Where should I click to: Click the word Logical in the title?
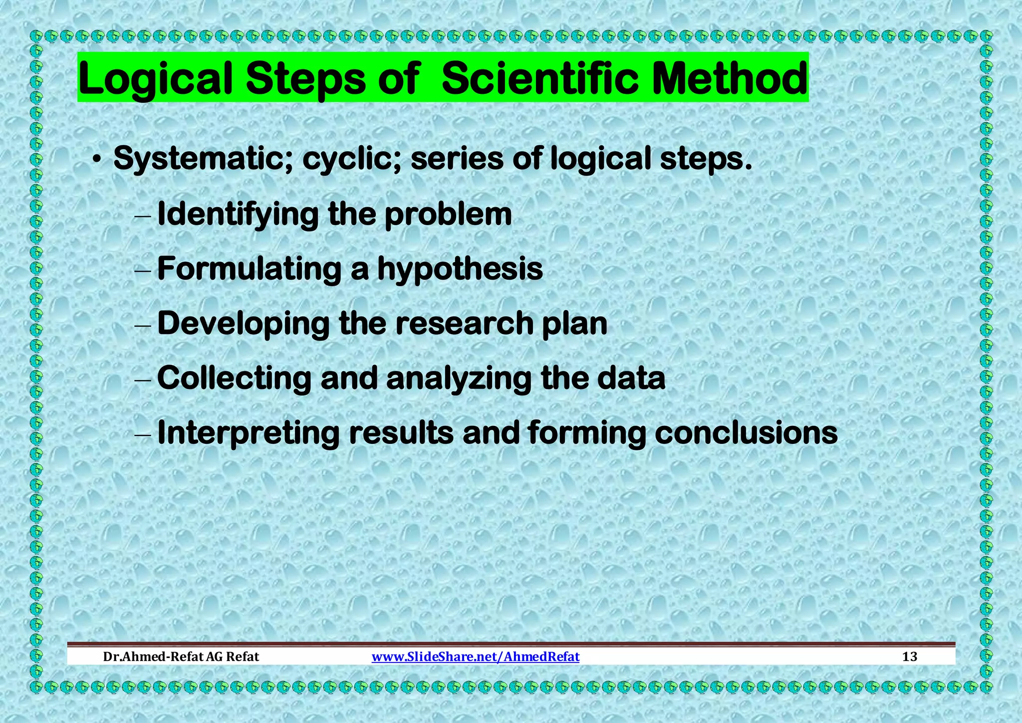[x=155, y=79]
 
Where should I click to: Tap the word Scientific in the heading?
[x=539, y=78]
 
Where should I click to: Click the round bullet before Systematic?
[x=98, y=160]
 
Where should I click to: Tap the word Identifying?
[x=238, y=215]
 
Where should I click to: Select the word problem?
[x=448, y=215]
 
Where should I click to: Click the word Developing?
[x=243, y=324]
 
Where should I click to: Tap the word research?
[x=465, y=323]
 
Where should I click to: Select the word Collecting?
[x=234, y=378]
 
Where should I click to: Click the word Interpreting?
[x=248, y=433]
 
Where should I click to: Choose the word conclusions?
[x=746, y=432]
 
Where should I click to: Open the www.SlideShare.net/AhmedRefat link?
[x=476, y=657]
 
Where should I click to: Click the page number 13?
[x=909, y=657]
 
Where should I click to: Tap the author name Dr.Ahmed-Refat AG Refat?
[x=181, y=657]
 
